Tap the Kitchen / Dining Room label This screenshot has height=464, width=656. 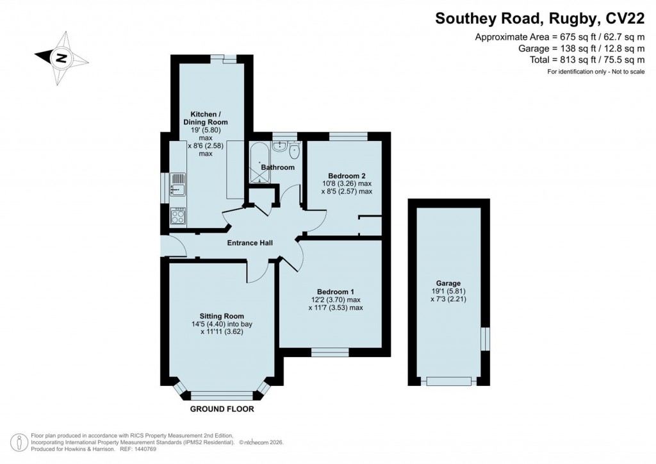[205, 118]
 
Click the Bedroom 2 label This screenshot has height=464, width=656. [347, 176]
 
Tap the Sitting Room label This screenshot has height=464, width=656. [222, 315]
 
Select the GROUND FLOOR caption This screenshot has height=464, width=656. [222, 409]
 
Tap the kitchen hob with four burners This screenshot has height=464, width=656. [177, 216]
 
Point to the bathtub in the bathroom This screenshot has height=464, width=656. [259, 163]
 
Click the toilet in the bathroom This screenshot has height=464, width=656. [294, 151]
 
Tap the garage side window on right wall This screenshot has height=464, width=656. [485, 338]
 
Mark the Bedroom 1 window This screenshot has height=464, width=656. [330, 351]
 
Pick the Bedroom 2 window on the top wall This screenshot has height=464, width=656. [348, 136]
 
